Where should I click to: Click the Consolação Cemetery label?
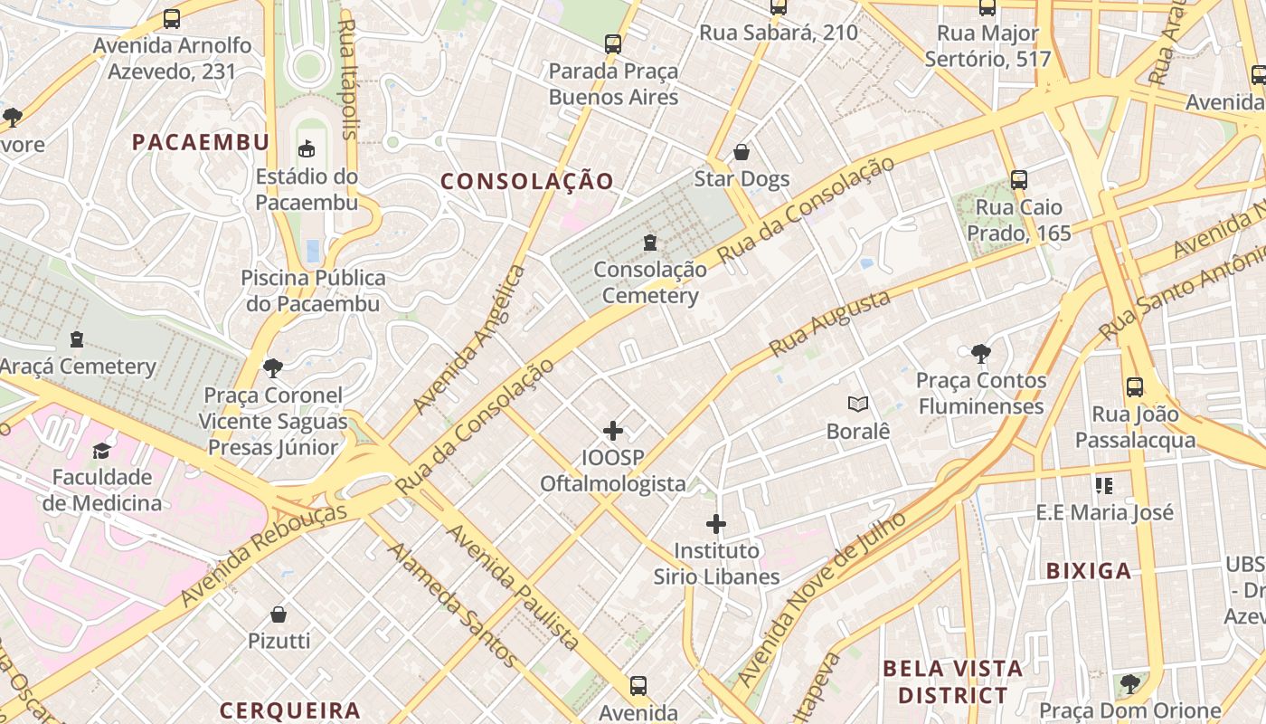[x=650, y=282]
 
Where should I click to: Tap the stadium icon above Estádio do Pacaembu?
[x=307, y=149]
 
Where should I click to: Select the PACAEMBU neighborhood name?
[x=201, y=142]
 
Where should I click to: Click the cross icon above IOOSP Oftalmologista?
[x=613, y=431]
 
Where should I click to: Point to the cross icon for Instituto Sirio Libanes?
[x=716, y=524]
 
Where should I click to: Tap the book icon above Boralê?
[x=857, y=405]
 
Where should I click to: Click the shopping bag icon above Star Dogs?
[x=742, y=152]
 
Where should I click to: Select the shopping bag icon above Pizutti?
[x=279, y=614]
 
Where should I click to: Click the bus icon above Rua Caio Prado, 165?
[x=1018, y=180]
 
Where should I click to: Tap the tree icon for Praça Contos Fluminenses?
[x=980, y=353]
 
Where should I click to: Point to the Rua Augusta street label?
[x=830, y=323]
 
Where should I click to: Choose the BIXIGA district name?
[x=1089, y=571]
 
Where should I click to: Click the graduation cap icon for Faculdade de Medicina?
[x=101, y=451]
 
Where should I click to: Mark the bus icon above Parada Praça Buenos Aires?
[x=613, y=44]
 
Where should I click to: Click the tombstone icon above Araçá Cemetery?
[x=77, y=340]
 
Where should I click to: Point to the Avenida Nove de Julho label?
[x=822, y=598]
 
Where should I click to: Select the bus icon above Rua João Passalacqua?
[x=1134, y=387]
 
